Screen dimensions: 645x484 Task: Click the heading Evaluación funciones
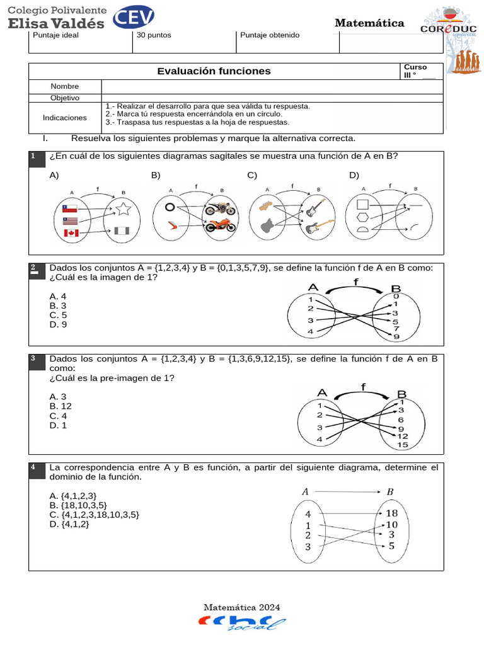214,71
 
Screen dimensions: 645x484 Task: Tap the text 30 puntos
154,35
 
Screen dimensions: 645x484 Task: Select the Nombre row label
65,86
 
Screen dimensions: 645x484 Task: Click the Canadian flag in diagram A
70,234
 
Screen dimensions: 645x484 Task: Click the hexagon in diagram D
362,217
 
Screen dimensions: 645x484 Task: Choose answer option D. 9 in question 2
58,324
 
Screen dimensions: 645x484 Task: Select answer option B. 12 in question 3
60,406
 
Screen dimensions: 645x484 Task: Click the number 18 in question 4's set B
391,513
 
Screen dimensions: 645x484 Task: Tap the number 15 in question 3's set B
403,445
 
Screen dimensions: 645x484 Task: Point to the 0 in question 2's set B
396,296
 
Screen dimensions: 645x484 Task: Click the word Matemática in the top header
369,23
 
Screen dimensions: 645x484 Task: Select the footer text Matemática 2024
241,607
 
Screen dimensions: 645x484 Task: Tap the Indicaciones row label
65,118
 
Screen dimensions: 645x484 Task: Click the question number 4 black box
33,467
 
